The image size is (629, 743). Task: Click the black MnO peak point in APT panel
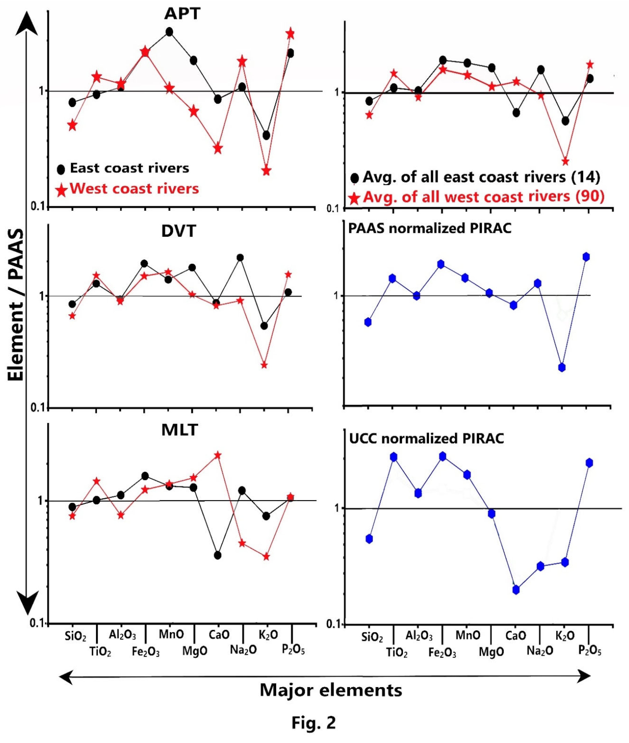point(169,32)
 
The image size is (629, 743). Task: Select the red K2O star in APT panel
point(266,171)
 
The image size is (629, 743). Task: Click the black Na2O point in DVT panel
point(240,257)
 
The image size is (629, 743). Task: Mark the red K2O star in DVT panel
point(264,365)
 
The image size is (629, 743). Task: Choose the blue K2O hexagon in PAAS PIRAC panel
point(562,367)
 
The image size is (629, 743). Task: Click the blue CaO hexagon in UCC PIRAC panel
point(516,590)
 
